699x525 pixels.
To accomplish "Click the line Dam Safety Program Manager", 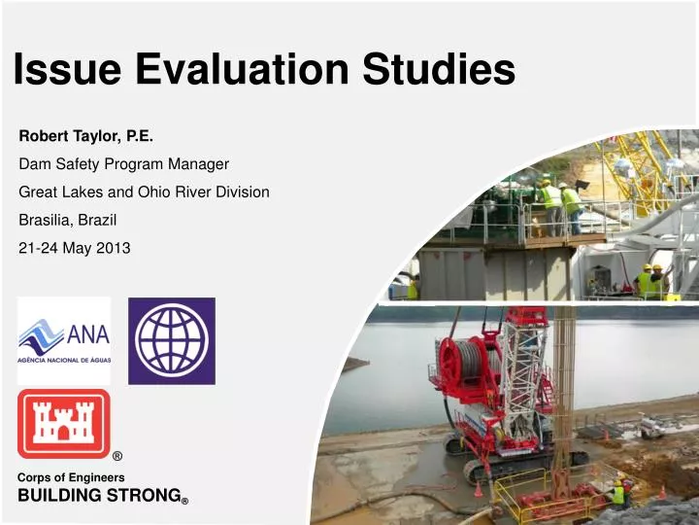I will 123,164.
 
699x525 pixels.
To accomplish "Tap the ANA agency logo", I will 64,340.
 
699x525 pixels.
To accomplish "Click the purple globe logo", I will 172,340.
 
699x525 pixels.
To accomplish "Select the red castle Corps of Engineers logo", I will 64,423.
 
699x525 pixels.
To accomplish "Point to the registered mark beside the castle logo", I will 117,456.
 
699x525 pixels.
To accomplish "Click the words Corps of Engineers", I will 71,477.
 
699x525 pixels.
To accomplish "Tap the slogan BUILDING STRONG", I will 98,495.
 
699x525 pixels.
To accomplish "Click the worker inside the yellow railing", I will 616,492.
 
